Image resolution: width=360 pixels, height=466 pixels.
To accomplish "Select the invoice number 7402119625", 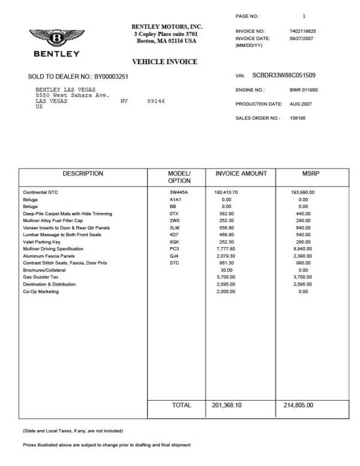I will click(x=302, y=31).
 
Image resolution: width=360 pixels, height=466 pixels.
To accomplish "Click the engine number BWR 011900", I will click(x=303, y=90).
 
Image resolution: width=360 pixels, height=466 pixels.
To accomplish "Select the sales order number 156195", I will click(x=297, y=118).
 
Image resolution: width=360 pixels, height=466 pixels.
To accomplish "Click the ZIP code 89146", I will click(x=155, y=101).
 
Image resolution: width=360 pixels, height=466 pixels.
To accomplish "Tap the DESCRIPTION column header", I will click(x=83, y=174).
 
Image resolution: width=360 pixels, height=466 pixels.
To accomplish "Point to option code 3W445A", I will click(x=178, y=192).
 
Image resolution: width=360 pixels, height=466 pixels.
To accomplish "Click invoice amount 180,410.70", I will click(x=226, y=192).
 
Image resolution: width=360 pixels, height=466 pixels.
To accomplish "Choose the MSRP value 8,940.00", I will click(x=304, y=248).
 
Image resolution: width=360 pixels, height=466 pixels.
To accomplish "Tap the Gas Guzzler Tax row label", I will click(x=41, y=278).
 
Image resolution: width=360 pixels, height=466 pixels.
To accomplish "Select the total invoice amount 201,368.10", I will click(x=227, y=405).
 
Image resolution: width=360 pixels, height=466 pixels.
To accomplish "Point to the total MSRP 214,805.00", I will click(x=298, y=405).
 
